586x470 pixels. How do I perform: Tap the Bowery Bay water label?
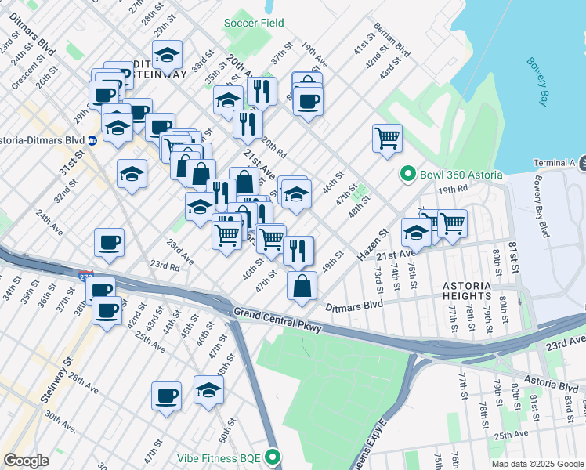tap(537, 81)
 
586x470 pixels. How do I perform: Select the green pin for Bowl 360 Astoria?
tap(407, 174)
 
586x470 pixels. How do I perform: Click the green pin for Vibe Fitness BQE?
tap(273, 455)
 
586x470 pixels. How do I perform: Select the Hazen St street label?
tap(373, 244)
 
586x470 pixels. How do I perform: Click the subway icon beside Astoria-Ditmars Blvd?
tap(92, 141)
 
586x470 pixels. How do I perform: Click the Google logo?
tap(26, 461)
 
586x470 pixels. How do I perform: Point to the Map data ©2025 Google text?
tap(537, 464)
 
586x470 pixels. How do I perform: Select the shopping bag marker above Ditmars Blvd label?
tap(302, 286)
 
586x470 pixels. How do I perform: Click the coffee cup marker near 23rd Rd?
tap(109, 242)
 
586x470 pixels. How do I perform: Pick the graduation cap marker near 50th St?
tap(208, 390)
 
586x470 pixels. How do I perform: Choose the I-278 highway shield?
tap(85, 276)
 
